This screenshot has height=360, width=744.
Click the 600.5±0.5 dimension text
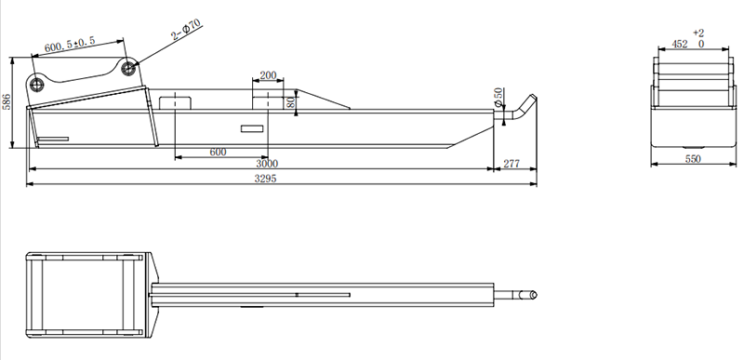pyautogui.click(x=70, y=44)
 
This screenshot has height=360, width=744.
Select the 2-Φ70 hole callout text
pyautogui.click(x=187, y=30)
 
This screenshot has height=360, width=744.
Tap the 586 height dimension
pyautogui.click(x=7, y=101)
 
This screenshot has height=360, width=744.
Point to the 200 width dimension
pyautogui.click(x=268, y=75)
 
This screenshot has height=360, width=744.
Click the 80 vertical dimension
pyautogui.click(x=291, y=101)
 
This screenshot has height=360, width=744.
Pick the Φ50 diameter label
pyautogui.click(x=498, y=97)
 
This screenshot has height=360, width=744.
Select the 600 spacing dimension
pyautogui.click(x=218, y=153)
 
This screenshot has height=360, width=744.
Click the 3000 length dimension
pyautogui.click(x=267, y=164)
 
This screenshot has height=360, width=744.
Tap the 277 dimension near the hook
pyautogui.click(x=511, y=164)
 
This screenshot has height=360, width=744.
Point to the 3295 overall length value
pyautogui.click(x=265, y=179)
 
